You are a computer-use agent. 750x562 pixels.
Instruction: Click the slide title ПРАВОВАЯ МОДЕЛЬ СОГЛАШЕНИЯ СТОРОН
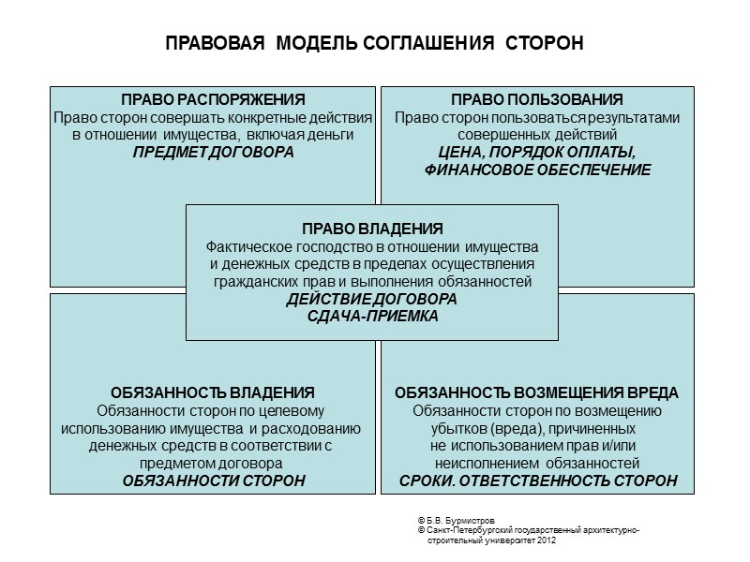point(374,44)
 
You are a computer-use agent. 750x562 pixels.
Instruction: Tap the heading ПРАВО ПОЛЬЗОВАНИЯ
point(537,100)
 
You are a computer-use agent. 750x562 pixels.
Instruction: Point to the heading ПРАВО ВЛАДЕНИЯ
point(372,229)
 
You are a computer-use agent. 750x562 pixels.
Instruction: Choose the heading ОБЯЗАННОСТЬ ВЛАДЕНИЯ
point(212,392)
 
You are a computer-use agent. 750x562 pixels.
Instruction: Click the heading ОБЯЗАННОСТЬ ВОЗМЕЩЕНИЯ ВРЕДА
point(536,392)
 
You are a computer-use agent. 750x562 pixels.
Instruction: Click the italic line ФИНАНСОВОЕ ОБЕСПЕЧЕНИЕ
point(537,170)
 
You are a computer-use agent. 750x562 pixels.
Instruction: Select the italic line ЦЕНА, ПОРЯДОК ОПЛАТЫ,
point(537,153)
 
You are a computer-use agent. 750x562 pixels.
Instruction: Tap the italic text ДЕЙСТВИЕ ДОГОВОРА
point(372,299)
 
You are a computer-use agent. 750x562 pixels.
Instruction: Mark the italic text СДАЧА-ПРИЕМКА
point(372,317)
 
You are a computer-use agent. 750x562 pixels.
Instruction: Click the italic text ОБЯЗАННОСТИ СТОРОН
point(214,481)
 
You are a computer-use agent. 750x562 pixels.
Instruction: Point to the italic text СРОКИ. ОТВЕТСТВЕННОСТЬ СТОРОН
point(537,481)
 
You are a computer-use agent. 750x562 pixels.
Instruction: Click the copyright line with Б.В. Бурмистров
point(463,521)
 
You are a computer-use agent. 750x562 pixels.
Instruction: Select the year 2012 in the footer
point(553,541)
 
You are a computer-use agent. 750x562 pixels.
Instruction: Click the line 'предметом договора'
point(214,463)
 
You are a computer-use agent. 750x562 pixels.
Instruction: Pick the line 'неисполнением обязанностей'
point(537,463)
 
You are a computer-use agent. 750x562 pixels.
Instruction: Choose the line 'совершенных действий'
point(537,135)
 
